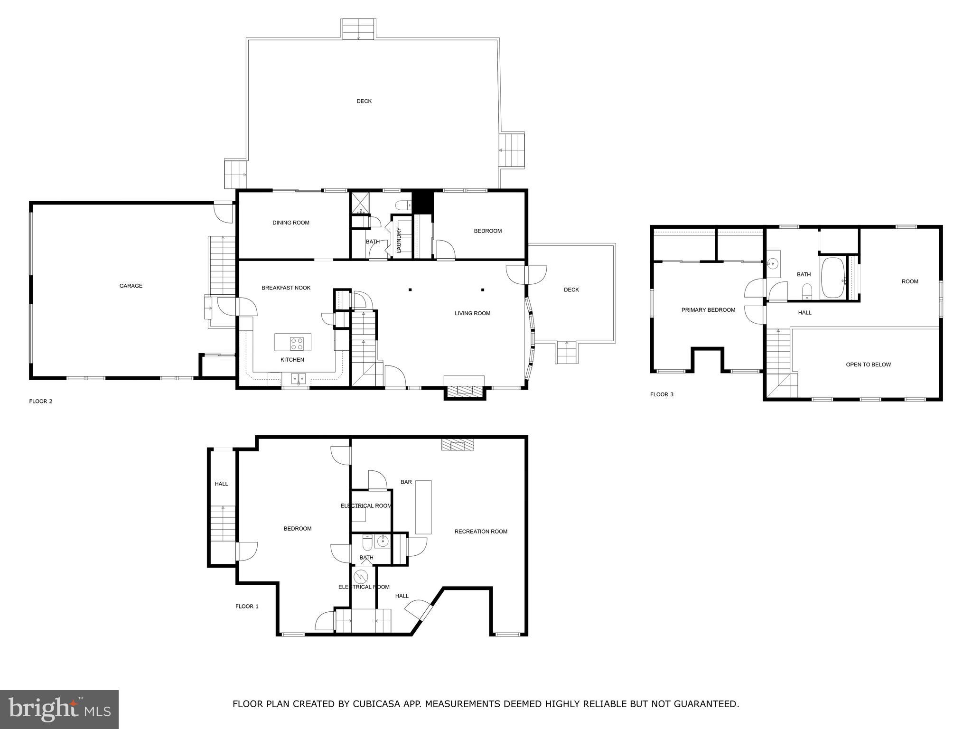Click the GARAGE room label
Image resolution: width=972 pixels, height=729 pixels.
click(131, 286)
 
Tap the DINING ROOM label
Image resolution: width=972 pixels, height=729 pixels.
click(290, 223)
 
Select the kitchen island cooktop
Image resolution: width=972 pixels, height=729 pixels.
click(297, 343)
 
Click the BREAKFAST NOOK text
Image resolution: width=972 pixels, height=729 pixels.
click(286, 288)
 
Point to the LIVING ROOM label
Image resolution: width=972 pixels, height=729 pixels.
click(472, 313)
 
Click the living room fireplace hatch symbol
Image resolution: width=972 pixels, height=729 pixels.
click(465, 391)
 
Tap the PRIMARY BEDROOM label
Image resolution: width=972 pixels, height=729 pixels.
click(708, 310)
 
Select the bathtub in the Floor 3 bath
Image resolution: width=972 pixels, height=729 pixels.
click(832, 278)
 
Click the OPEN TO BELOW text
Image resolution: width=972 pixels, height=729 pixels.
click(868, 364)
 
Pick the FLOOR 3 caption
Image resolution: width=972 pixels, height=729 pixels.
click(662, 394)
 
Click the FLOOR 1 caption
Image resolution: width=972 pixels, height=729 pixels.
click(247, 606)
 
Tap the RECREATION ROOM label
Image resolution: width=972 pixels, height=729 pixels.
click(481, 532)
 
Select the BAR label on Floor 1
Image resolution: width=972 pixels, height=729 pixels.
click(406, 482)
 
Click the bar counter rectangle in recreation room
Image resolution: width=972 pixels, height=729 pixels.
click(423, 507)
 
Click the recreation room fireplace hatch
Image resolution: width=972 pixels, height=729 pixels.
click(458, 445)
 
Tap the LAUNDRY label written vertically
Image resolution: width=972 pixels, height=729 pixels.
click(399, 240)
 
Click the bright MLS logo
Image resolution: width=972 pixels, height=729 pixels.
click(59, 710)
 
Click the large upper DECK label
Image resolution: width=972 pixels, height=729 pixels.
click(364, 101)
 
